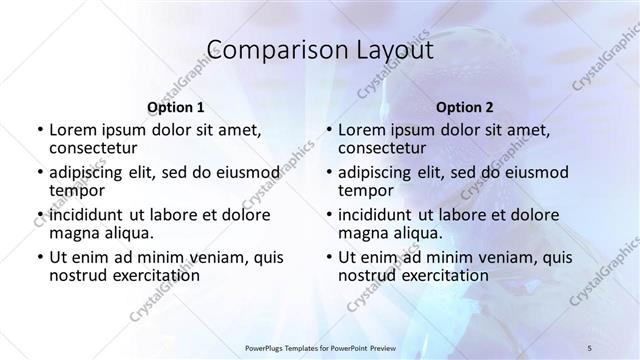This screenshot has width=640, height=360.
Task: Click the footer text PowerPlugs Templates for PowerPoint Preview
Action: pos(320,348)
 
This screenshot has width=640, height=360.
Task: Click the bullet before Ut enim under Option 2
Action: pos(329,257)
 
